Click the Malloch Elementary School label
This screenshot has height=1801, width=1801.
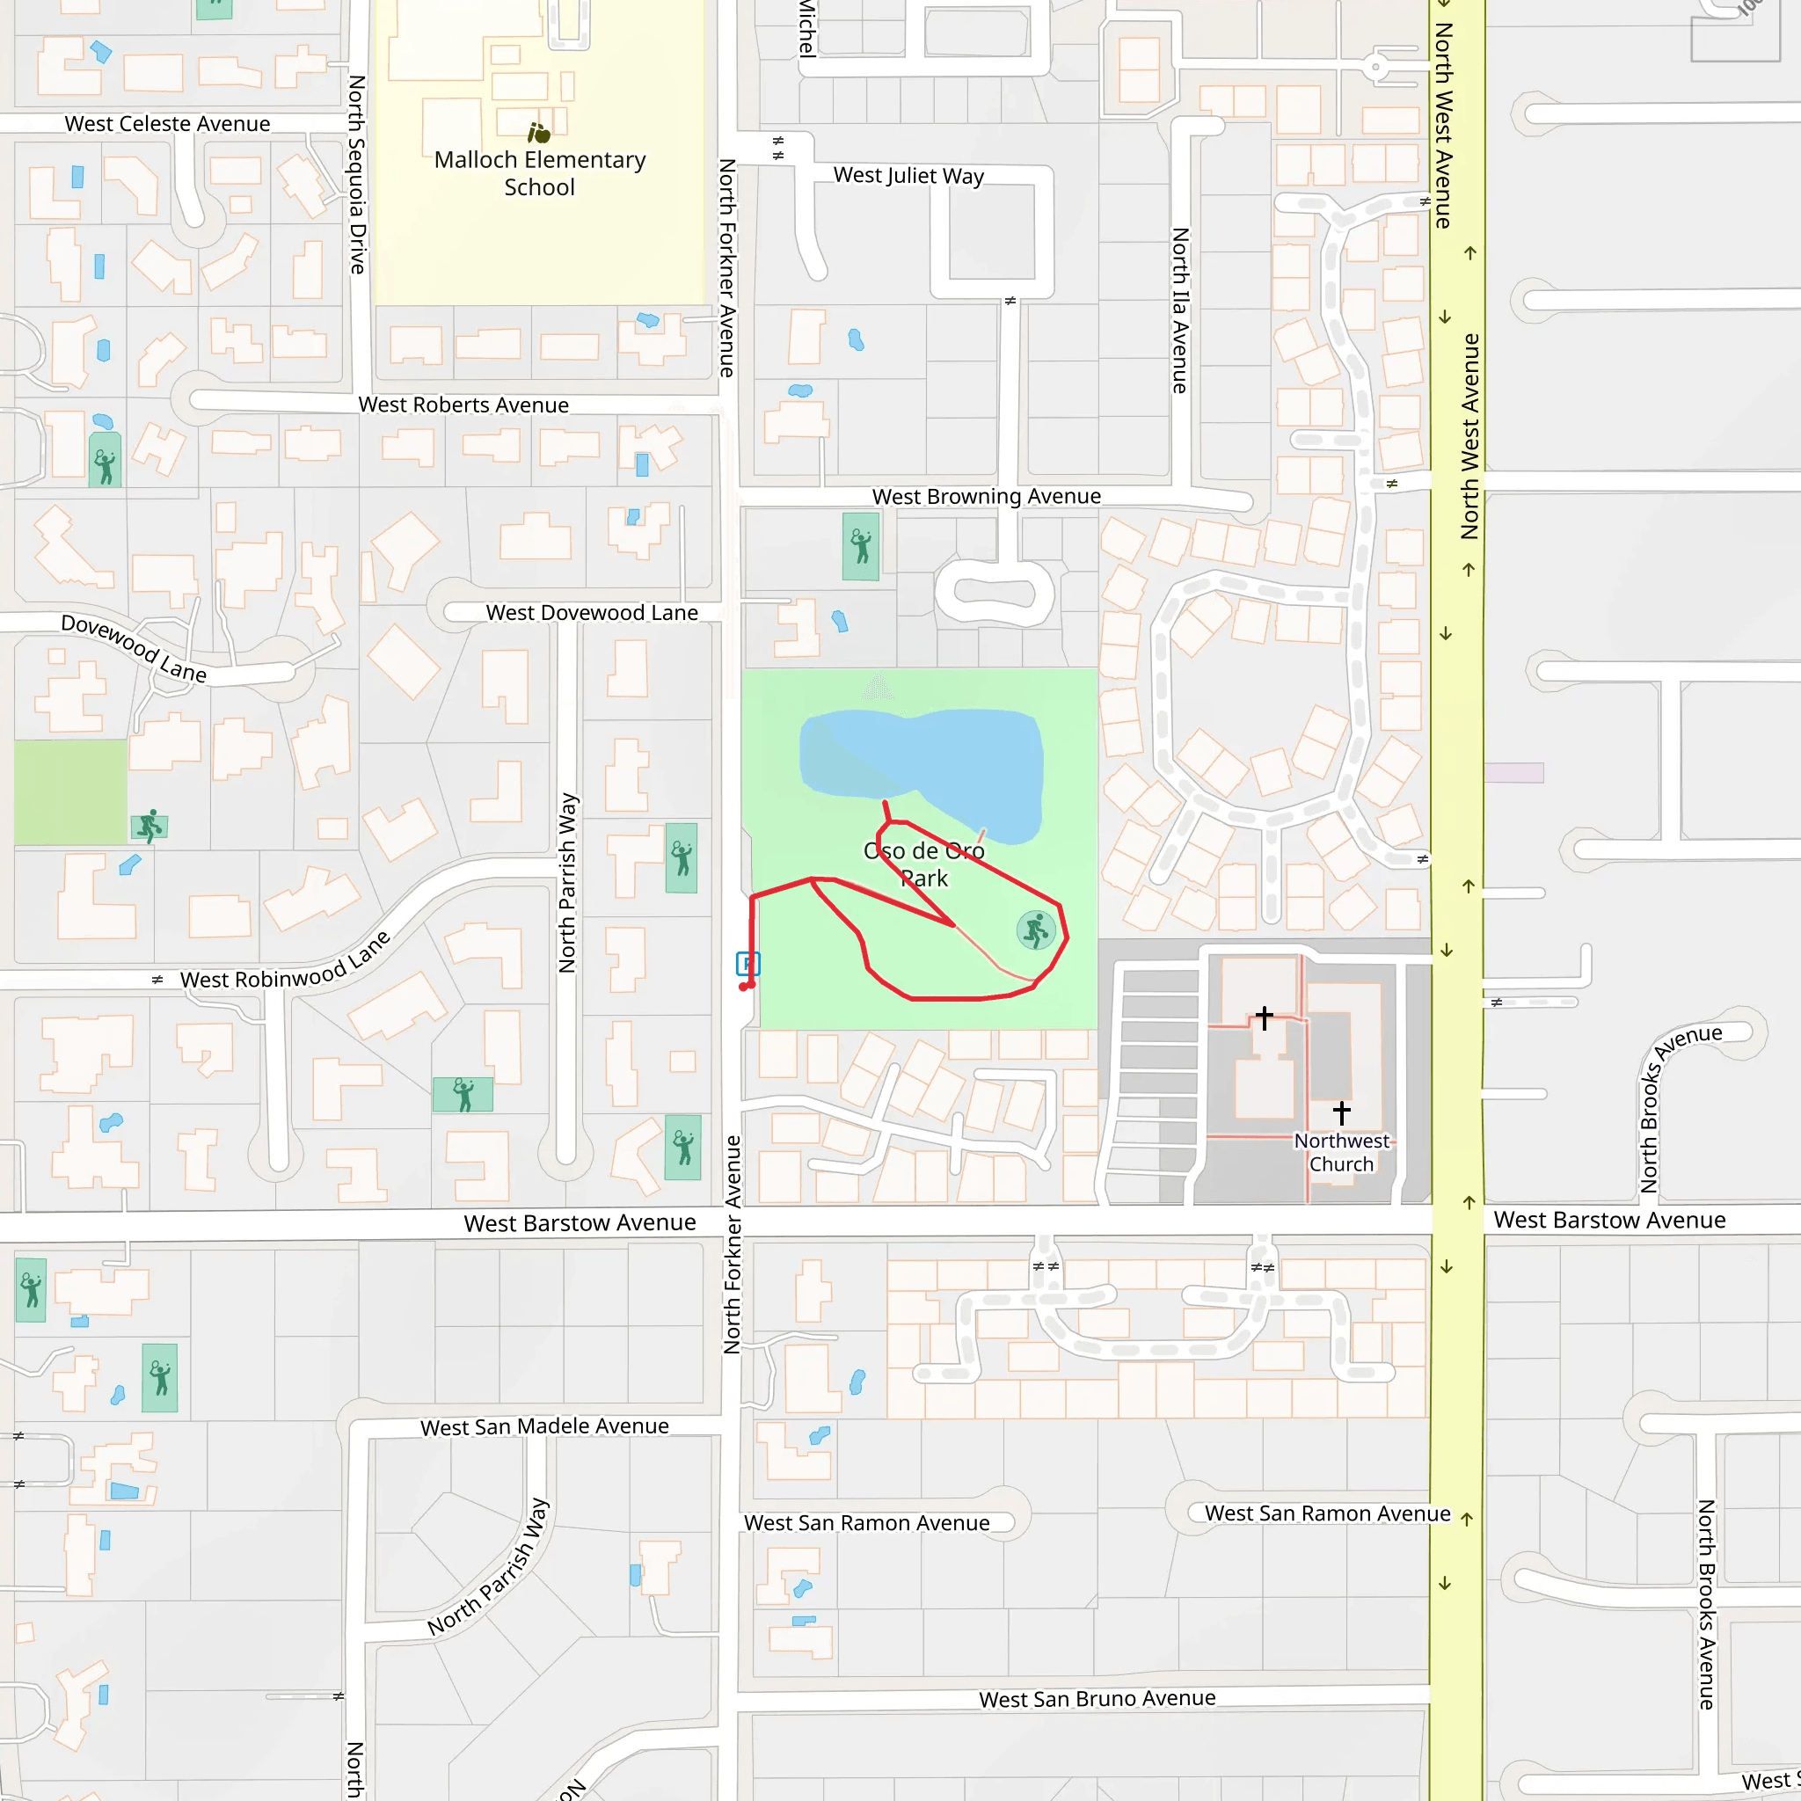(540, 173)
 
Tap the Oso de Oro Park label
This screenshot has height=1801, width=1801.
(924, 864)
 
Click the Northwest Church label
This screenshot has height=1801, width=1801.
(1340, 1152)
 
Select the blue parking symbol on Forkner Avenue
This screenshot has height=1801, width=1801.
(747, 964)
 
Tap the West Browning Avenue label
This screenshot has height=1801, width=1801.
(987, 496)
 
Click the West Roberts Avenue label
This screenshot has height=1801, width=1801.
(463, 405)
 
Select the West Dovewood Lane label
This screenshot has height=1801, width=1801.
(591, 612)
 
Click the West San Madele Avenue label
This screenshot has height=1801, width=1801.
(544, 1426)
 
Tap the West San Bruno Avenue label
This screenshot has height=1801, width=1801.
(1097, 1698)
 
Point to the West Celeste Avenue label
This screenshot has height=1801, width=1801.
(167, 124)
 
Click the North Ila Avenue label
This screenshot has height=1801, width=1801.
(1180, 310)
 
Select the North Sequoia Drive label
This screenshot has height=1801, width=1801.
(356, 174)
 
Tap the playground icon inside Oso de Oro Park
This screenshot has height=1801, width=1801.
(1036, 930)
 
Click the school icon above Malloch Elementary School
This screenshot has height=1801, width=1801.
(539, 134)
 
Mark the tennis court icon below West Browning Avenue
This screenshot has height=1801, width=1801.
(860, 546)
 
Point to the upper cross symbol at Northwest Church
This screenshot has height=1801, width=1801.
(1264, 1017)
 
